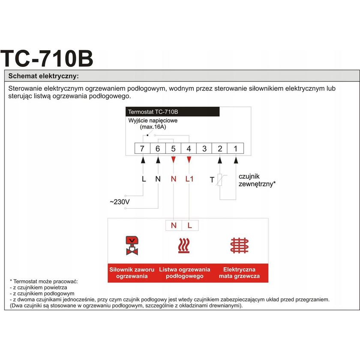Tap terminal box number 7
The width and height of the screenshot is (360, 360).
click(x=142, y=149)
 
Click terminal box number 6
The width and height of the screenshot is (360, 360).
click(x=158, y=149)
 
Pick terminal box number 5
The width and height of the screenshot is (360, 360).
click(x=173, y=149)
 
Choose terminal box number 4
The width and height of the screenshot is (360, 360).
click(x=189, y=149)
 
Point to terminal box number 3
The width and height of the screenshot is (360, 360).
click(x=204, y=149)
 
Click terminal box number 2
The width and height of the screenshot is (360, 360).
click(x=220, y=149)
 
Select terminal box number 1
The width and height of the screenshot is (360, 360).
click(x=235, y=149)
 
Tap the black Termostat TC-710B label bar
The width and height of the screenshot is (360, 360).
click(x=173, y=112)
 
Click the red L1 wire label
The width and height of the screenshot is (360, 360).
click(x=189, y=179)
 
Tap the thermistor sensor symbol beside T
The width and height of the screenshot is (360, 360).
click(x=220, y=180)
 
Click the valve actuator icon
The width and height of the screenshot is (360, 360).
click(x=132, y=245)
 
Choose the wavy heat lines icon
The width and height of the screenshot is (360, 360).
click(x=184, y=245)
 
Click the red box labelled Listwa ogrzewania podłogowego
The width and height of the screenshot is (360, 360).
click(x=185, y=273)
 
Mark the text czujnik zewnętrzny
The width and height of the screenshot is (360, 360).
click(x=256, y=180)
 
